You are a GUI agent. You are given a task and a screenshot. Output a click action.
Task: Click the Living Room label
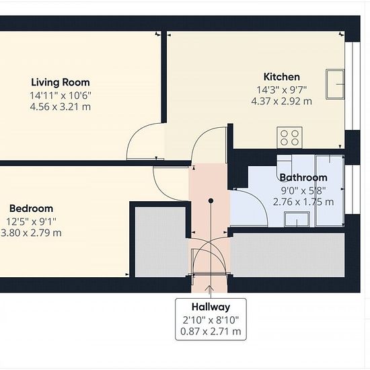[x=61, y=82]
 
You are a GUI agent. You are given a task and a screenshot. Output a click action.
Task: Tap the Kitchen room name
[x=281, y=77]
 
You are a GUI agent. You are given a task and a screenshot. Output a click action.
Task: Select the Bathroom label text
[x=303, y=178]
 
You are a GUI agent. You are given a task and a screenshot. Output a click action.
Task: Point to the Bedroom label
[x=31, y=209]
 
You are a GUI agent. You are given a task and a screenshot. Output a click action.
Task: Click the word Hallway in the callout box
[x=211, y=307]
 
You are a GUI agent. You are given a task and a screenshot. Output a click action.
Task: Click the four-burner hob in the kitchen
[x=289, y=137]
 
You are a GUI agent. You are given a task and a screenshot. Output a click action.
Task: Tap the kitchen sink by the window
[x=335, y=84]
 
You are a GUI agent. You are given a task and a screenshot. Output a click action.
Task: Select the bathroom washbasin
[x=297, y=219]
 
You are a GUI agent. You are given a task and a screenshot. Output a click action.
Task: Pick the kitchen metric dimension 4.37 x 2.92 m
[x=281, y=102]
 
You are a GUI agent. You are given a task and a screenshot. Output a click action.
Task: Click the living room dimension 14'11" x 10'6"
[x=61, y=96]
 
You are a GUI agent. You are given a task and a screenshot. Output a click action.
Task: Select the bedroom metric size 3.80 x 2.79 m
[x=31, y=233]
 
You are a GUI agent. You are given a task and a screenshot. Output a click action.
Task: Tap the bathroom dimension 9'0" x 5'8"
[x=303, y=190]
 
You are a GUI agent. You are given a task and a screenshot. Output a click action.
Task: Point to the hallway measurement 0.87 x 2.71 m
[x=211, y=332]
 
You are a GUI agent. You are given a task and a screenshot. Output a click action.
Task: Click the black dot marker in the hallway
[x=211, y=201]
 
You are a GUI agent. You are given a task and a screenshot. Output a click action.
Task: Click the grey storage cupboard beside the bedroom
[x=161, y=242]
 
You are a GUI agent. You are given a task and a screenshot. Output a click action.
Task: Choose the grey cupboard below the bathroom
[x=287, y=255]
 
